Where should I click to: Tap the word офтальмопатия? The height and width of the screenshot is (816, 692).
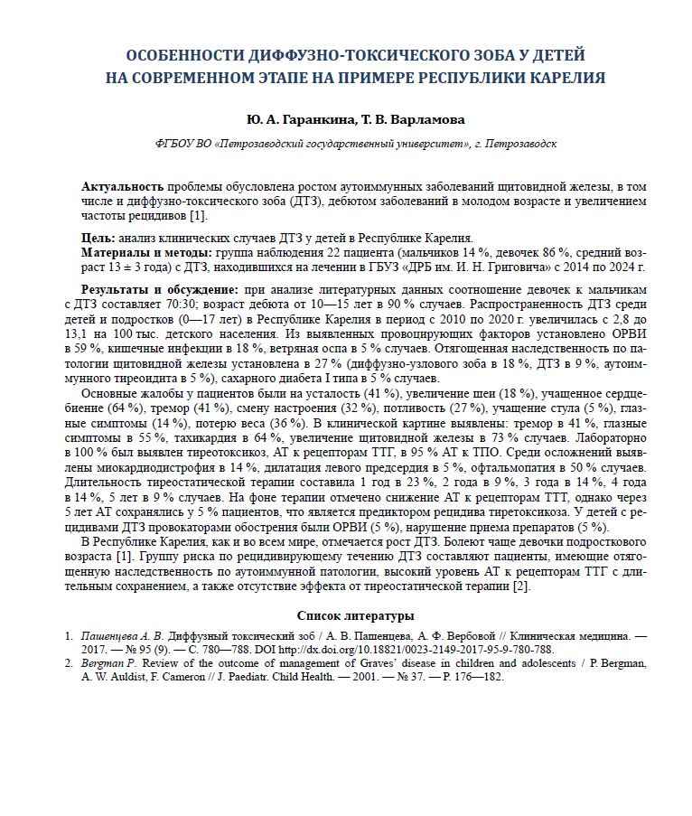pyautogui.click(x=511, y=466)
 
